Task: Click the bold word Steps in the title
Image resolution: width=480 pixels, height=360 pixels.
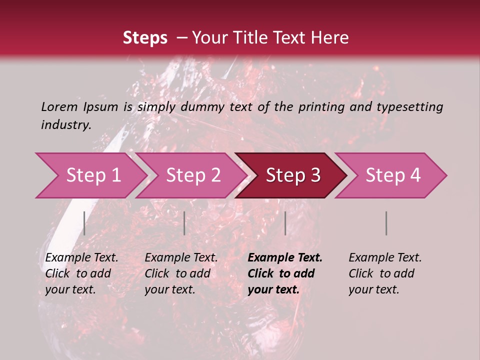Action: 145,38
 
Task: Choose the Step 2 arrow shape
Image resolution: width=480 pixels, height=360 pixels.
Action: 193,175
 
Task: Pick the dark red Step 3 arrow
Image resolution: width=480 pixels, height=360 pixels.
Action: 292,175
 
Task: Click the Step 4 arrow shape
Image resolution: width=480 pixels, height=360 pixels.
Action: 392,175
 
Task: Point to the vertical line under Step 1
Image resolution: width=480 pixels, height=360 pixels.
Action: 84,223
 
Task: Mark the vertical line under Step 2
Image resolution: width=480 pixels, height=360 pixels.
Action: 184,223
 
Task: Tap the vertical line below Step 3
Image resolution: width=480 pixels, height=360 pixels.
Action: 285,223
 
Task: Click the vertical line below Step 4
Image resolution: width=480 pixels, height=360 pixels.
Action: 386,223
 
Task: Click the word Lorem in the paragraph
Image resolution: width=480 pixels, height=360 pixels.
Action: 59,106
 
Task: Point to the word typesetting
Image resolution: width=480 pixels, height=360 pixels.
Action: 409,106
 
